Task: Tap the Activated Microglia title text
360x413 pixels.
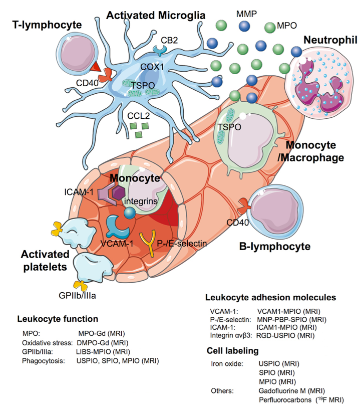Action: coord(156,16)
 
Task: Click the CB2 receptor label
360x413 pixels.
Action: coord(169,39)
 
